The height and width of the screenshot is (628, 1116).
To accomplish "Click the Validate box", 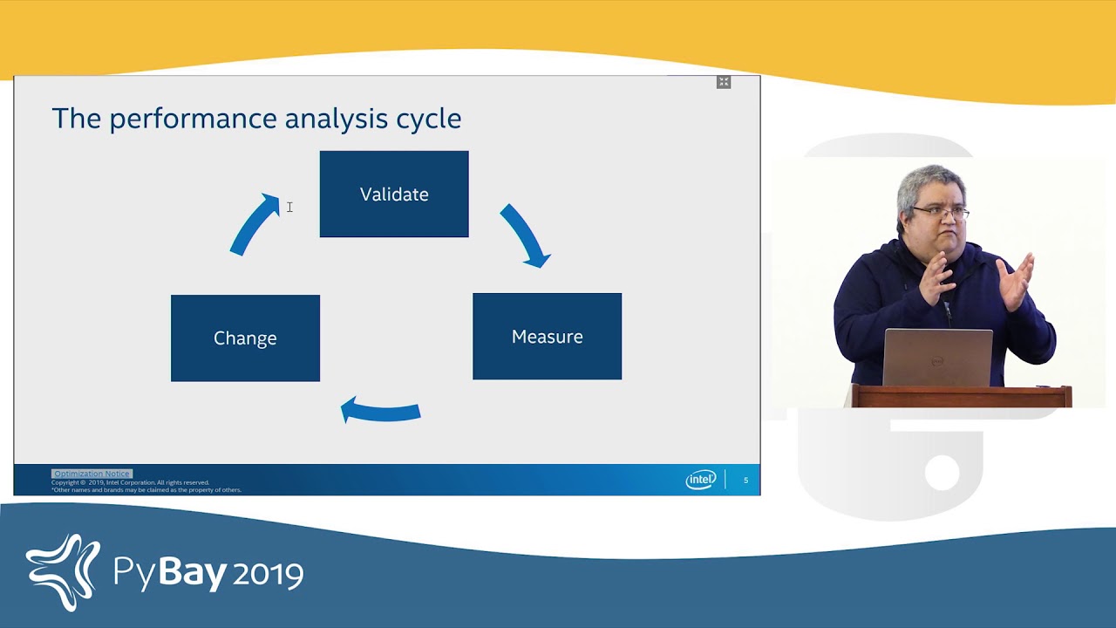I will click(394, 194).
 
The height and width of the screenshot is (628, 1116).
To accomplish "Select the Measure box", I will click(547, 337).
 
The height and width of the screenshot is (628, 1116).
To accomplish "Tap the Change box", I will click(245, 338).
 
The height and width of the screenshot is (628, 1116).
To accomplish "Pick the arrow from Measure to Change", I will click(380, 410).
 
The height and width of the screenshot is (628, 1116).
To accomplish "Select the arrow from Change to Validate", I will click(254, 224).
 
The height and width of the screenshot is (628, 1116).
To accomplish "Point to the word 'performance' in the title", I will click(194, 119).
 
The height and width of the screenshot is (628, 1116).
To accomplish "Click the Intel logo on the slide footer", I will click(700, 480).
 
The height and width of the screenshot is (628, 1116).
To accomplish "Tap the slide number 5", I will click(745, 481).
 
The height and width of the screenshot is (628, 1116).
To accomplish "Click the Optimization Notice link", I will click(92, 474).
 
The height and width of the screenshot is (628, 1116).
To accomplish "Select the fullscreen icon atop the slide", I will click(724, 82).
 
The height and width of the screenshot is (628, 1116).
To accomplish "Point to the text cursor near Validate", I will click(289, 207).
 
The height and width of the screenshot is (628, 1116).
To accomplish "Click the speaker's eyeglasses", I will click(941, 212).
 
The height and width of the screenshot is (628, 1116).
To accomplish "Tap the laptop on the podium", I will click(937, 358).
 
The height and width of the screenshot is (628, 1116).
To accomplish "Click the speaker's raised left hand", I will click(1017, 283).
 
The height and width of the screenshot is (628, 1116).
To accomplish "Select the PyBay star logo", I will click(63, 572).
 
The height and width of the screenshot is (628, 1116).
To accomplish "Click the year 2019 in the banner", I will click(269, 574).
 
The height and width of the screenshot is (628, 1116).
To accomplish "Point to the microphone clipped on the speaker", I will click(947, 306).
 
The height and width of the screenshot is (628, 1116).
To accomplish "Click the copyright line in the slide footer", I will click(131, 482).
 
